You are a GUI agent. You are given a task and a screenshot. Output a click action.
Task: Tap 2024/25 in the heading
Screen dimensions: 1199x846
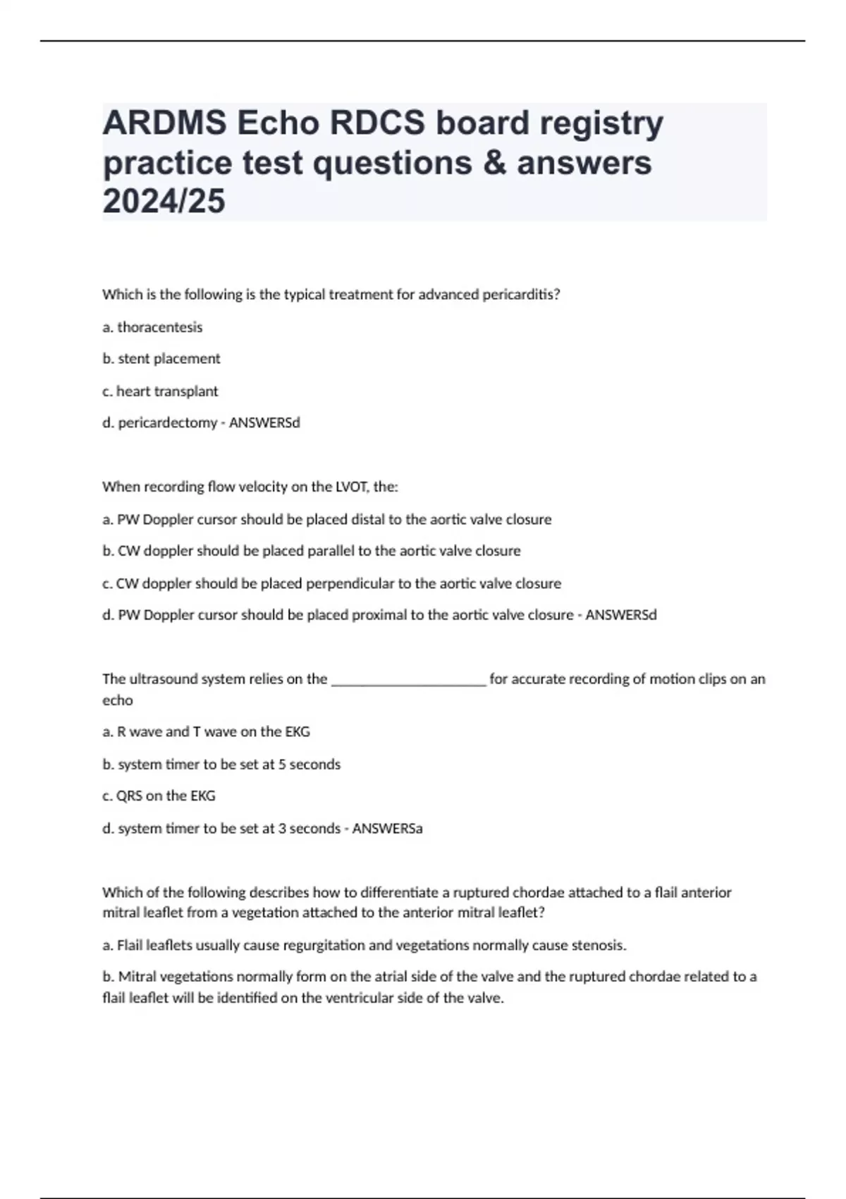click(x=164, y=202)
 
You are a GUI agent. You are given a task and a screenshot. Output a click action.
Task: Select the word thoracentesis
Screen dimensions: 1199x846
click(x=159, y=327)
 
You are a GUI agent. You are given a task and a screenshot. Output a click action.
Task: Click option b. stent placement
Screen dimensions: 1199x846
click(x=161, y=359)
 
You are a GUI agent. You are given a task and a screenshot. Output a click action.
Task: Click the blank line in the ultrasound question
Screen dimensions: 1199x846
click(x=408, y=680)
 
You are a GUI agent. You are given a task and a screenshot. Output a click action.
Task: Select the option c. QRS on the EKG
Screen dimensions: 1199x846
click(x=159, y=796)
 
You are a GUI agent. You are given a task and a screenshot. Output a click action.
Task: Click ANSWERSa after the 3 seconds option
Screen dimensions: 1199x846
click(x=387, y=829)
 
